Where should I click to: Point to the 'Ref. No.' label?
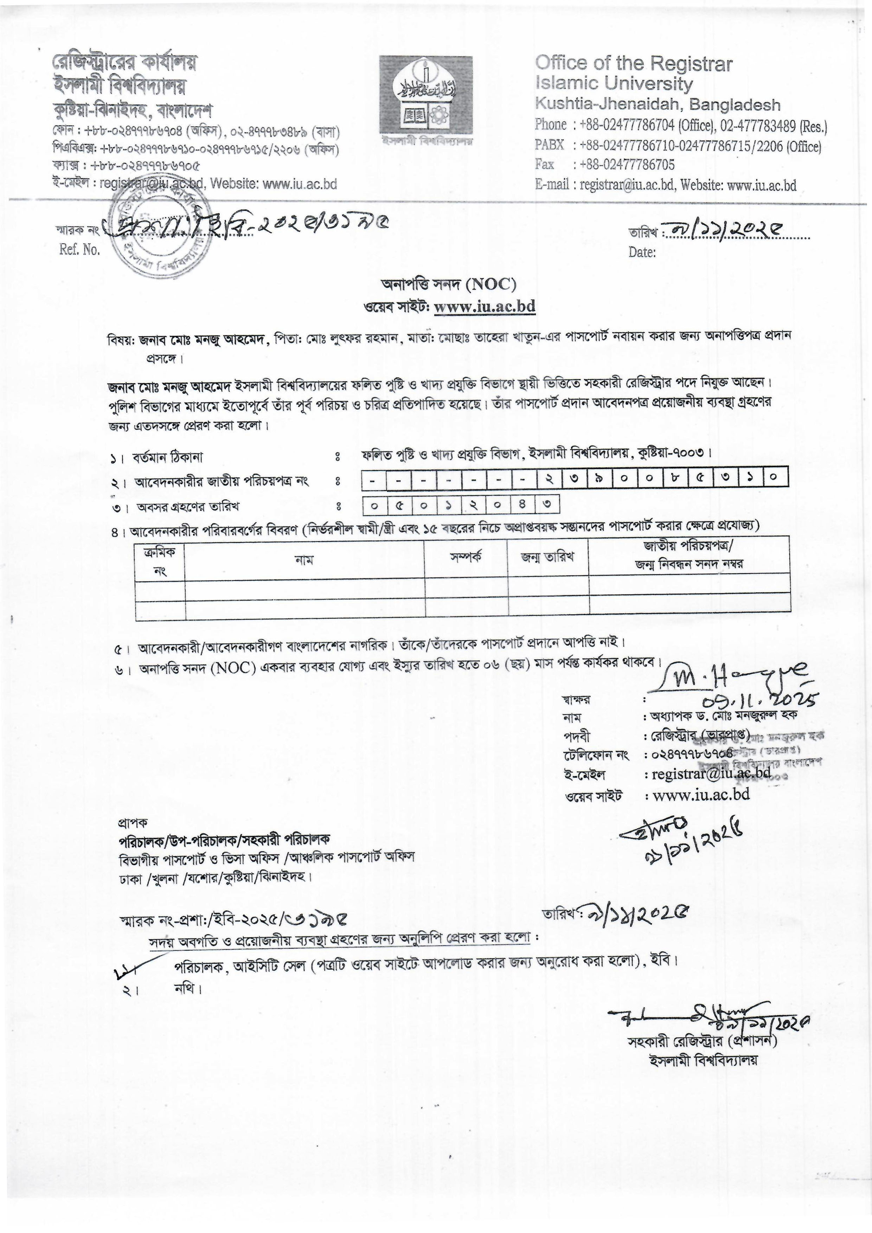(79, 250)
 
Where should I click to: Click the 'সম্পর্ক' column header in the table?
(466, 556)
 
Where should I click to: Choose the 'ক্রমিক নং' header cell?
(160, 561)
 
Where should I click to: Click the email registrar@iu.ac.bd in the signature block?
(711, 775)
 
